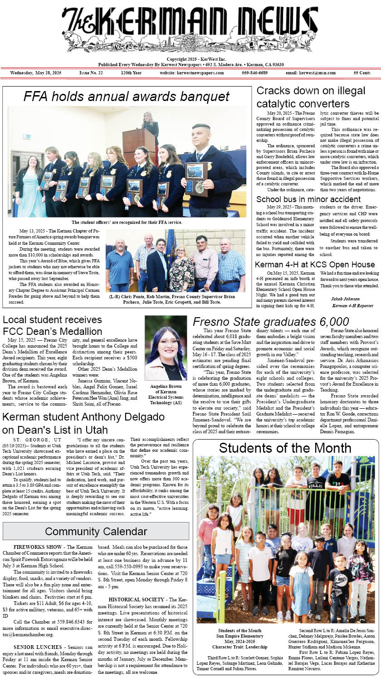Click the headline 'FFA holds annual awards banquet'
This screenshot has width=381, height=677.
[127, 96]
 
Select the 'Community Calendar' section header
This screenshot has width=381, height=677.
[96, 531]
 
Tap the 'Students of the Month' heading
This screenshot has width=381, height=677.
[286, 448]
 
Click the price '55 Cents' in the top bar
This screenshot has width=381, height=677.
[362, 73]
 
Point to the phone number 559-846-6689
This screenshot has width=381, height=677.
[254, 73]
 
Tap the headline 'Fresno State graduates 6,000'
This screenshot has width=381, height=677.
[271, 322]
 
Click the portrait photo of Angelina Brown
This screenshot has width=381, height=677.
[166, 348]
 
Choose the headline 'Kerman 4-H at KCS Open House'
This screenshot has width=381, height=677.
[315, 265]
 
